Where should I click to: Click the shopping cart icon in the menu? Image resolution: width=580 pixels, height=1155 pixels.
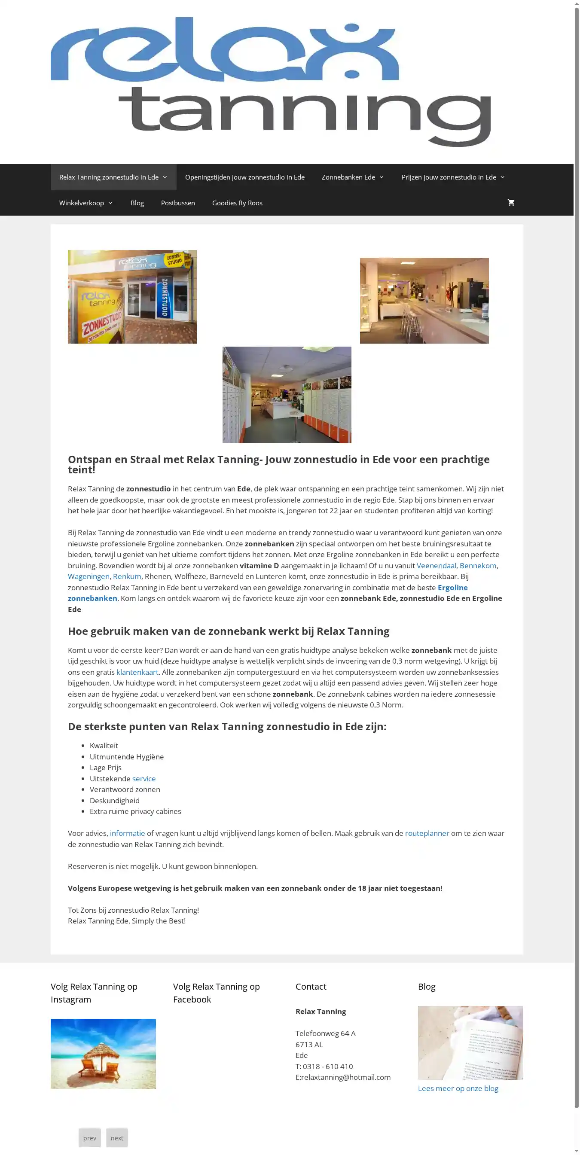pyautogui.click(x=510, y=203)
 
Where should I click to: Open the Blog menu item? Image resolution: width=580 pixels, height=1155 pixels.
pyautogui.click(x=137, y=203)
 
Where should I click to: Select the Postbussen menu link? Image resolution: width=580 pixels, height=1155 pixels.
pyautogui.click(x=177, y=203)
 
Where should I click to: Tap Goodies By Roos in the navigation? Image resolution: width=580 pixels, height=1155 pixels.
pyautogui.click(x=237, y=203)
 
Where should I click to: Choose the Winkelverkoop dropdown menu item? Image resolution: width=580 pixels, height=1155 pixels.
pyautogui.click(x=85, y=203)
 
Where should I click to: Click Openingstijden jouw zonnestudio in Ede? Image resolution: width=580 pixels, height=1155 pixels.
pyautogui.click(x=244, y=177)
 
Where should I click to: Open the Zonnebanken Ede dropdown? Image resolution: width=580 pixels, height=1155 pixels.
pyautogui.click(x=353, y=177)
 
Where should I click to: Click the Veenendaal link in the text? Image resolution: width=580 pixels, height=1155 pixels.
pyautogui.click(x=436, y=566)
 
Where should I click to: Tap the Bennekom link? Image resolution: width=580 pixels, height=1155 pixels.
pyautogui.click(x=478, y=566)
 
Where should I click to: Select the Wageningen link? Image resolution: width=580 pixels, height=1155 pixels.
pyautogui.click(x=89, y=576)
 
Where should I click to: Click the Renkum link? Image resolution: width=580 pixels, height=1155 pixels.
pyautogui.click(x=127, y=576)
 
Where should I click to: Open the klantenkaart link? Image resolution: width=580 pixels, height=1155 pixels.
pyautogui.click(x=137, y=672)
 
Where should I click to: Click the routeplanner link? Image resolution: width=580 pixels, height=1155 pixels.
pyautogui.click(x=427, y=834)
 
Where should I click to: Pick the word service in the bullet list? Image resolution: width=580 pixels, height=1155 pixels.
pyautogui.click(x=143, y=779)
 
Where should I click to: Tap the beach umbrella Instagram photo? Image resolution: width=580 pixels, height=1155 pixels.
pyautogui.click(x=103, y=1054)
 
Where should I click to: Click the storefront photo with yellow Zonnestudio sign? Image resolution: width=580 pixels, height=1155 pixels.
pyautogui.click(x=132, y=297)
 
